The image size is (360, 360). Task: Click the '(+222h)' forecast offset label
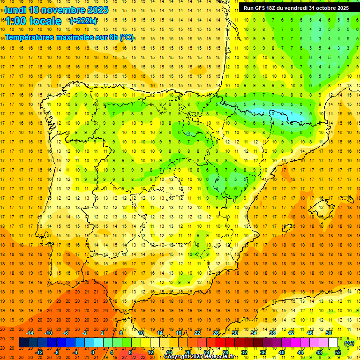[83, 21]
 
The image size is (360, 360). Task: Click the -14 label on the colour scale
[30, 333]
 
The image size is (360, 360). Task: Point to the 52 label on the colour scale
[338, 352]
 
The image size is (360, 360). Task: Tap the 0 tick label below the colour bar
[93, 352]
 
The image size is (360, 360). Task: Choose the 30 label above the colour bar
[234, 333]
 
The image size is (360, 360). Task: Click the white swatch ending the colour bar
[333, 343]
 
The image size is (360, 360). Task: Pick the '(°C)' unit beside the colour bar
[349, 343]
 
